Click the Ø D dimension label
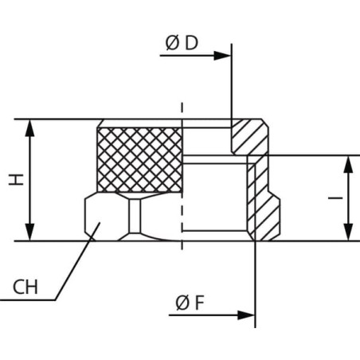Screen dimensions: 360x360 [182, 43]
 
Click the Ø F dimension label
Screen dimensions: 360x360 [190, 303]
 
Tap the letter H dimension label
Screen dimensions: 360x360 [17, 180]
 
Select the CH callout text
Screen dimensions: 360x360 [25, 287]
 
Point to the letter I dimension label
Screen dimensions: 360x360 [335, 198]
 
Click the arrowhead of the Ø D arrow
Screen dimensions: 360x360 [222, 56]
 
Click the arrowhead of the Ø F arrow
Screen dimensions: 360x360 [246, 315]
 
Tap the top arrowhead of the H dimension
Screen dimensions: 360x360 [29, 128]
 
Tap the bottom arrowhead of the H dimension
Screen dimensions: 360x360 [29, 232]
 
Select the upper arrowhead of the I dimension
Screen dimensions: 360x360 [348, 164]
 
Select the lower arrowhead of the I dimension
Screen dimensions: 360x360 [348, 232]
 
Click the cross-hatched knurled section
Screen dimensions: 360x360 [139, 160]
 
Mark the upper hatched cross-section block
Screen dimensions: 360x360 [249, 137]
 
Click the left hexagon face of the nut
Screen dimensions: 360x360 [106, 217]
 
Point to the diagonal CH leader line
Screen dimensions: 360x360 [77, 261]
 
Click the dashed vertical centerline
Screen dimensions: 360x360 [182, 176]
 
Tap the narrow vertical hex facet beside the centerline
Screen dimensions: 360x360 [135, 216]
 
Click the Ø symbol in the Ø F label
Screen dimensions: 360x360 [182, 303]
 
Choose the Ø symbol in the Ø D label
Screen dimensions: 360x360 [172, 43]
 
